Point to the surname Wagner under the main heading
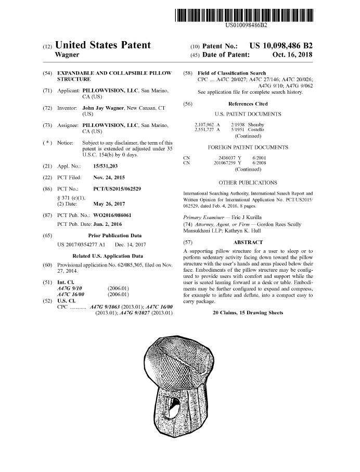67,55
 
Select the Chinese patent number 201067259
225,163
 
